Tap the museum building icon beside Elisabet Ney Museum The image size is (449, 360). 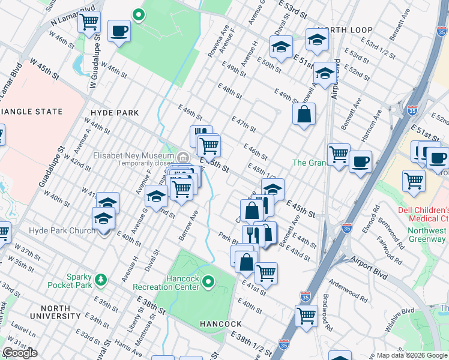tap(182, 158)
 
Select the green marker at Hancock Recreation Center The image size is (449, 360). tap(208, 281)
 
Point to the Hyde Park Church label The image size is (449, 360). tap(62, 230)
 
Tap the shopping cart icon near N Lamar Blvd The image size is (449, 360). tap(89, 23)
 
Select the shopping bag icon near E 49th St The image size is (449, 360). tap(304, 114)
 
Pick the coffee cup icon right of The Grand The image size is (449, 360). tap(360, 161)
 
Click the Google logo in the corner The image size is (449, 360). tap(20, 353)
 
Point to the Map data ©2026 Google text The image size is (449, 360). tap(412, 355)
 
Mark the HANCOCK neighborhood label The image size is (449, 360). tap(220, 324)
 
